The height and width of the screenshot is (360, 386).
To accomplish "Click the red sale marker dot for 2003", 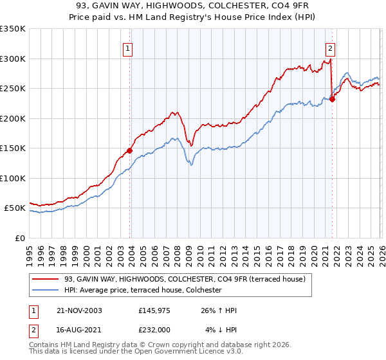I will coord(130,150).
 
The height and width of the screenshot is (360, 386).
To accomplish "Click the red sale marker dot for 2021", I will coord(332,99).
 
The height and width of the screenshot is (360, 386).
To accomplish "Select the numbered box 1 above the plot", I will coord(127,48).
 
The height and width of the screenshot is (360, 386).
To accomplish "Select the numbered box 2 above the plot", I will coord(330,48).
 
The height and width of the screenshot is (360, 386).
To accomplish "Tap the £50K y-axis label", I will coord(15,208).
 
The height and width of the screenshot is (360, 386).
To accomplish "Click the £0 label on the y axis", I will coord(21,238).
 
